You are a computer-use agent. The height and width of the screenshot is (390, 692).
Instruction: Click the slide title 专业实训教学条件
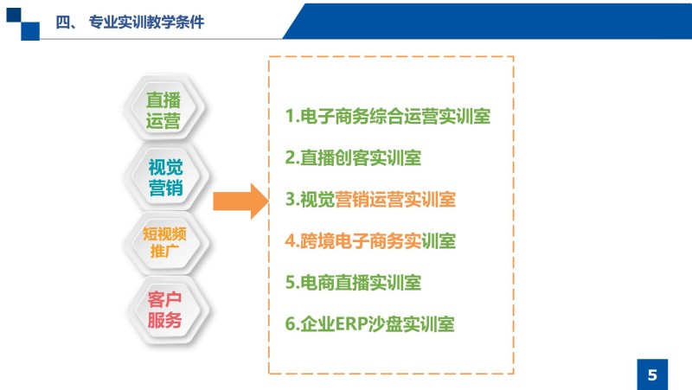146,22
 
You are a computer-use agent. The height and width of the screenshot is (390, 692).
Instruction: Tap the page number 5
652,375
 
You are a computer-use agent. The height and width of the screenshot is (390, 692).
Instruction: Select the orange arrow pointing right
241,201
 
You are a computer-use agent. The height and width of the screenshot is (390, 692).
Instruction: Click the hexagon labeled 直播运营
163,109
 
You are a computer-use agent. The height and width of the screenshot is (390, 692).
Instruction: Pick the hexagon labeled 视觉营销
165,176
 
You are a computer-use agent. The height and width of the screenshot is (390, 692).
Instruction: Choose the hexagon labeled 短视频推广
165,242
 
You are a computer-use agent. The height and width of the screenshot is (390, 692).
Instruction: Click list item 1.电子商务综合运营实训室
388,116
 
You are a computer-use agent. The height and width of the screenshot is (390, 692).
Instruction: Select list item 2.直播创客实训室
353,157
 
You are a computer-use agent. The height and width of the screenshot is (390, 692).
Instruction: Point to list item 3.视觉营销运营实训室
370,200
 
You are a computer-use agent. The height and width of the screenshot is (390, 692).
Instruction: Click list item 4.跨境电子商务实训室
370,241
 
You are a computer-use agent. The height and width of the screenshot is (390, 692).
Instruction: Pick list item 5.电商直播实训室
353,283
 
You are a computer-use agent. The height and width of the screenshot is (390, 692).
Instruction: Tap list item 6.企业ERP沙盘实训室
370,323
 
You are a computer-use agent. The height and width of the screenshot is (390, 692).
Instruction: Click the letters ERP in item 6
352,323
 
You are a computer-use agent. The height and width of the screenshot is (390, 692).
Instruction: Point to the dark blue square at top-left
13,15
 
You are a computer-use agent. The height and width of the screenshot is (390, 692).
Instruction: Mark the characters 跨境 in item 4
317,241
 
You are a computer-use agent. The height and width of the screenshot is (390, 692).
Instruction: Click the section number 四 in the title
62,22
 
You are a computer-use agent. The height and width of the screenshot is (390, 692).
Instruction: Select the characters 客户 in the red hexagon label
164,299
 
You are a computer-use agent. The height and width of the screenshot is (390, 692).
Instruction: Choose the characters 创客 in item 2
353,157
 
